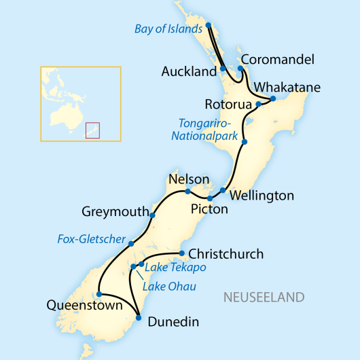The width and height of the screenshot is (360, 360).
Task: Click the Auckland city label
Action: coord(190,71)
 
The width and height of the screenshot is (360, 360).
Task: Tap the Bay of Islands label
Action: coord(168,29)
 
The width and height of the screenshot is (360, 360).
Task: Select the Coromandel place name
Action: coord(278,60)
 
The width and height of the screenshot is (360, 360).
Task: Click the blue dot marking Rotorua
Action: coord(258,105)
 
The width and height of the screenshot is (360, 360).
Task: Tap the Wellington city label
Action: coord(262,196)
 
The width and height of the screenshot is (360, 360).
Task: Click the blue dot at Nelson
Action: coord(188,192)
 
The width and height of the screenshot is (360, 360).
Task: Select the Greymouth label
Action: coord(115,211)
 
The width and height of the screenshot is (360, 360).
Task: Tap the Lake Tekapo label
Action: coord(175,268)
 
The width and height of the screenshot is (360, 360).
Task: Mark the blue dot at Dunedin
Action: coord(138,317)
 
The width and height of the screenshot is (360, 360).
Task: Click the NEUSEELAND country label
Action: coord(264,298)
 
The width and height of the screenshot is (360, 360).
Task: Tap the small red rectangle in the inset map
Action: coord(93,130)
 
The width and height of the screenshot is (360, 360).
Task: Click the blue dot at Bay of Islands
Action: coord(209,26)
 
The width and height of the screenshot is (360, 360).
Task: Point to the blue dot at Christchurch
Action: coord(181,253)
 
